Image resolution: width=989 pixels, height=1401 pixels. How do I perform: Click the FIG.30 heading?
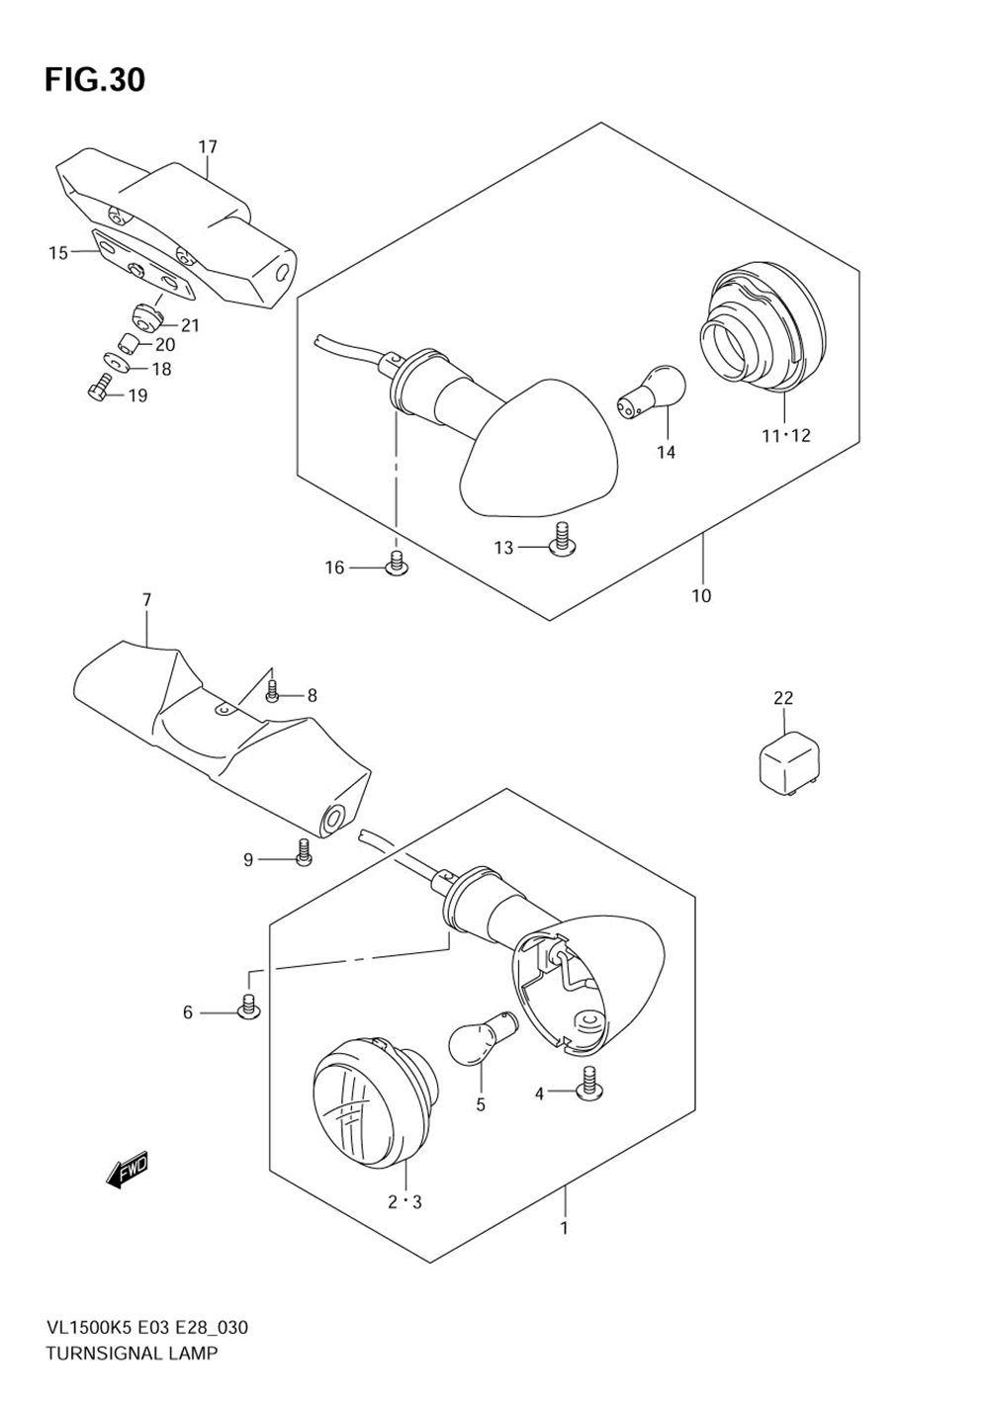[x=94, y=79]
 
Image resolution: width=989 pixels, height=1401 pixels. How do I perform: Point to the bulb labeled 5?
[x=479, y=1042]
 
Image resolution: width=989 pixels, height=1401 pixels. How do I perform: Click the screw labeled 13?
[x=563, y=540]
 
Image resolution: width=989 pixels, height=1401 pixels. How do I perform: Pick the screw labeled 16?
[x=396, y=564]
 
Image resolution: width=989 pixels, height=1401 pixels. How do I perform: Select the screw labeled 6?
[x=248, y=1007]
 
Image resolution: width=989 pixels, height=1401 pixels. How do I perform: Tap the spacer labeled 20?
[x=127, y=343]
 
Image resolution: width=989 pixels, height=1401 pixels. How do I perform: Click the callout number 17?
[x=207, y=147]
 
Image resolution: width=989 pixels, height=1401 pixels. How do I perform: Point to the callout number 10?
[x=701, y=595]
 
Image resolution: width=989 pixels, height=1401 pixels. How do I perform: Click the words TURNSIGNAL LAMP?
[x=132, y=1353]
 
